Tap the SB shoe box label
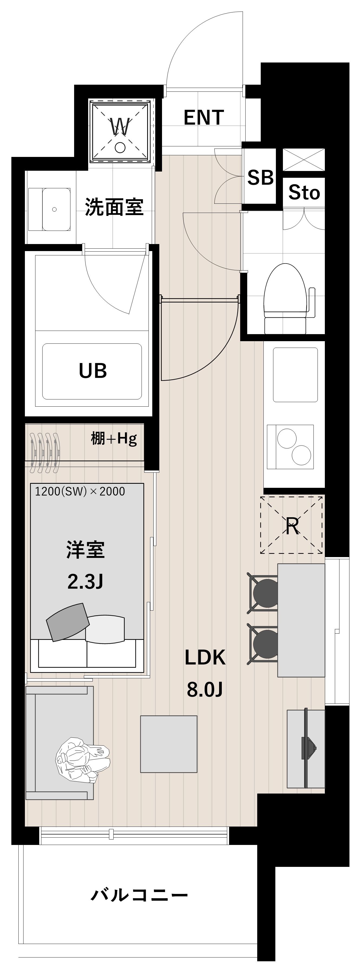pyautogui.click(x=260, y=177)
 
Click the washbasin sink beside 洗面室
pyautogui.click(x=54, y=209)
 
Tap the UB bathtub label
pyautogui.click(x=93, y=371)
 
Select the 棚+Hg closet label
pyautogui.click(x=113, y=439)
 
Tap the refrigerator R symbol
pyautogui.click(x=292, y=526)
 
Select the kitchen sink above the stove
pyautogui.click(x=295, y=375)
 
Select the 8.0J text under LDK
pyautogui.click(x=204, y=690)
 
